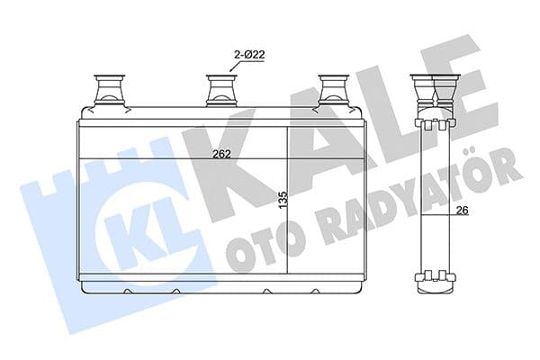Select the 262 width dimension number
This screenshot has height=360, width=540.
(x=221, y=154)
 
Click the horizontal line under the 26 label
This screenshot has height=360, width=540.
(x=450, y=218)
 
